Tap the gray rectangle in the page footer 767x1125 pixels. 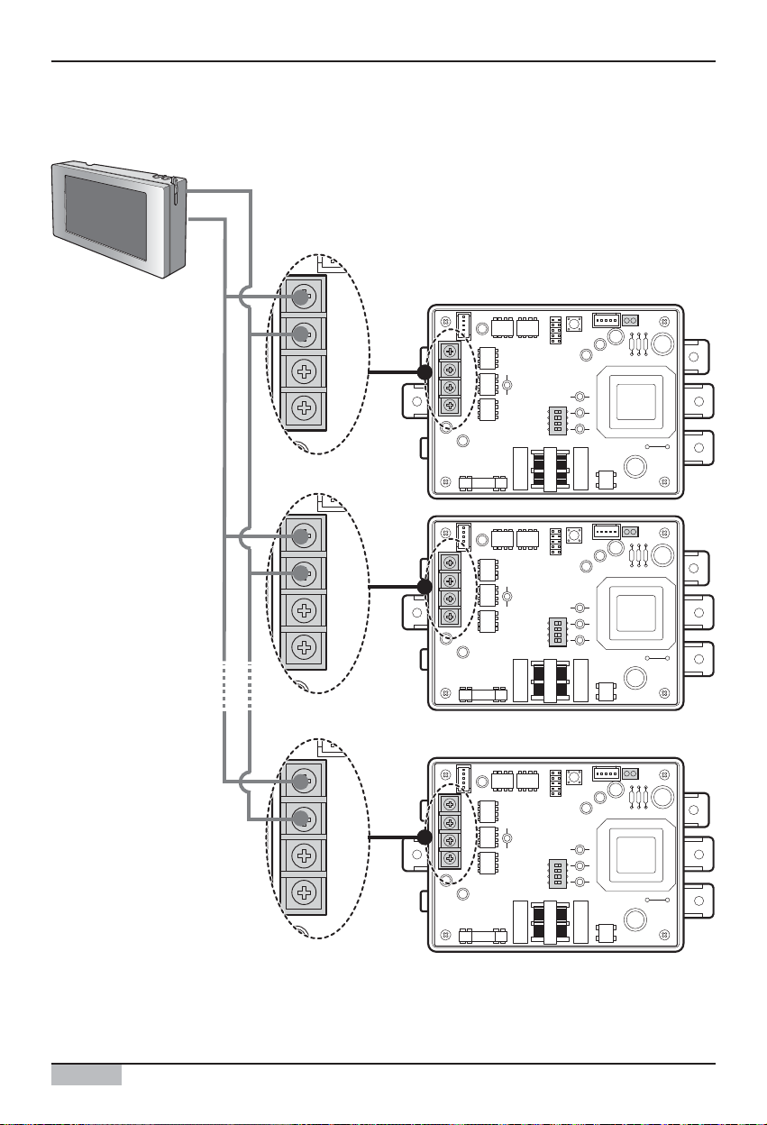(x=87, y=1075)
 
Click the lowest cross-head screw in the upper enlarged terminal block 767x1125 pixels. (x=305, y=411)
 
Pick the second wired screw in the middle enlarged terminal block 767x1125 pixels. (x=305, y=572)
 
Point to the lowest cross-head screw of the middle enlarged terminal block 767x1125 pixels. (x=305, y=647)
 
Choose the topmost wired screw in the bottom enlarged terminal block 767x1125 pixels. (x=305, y=779)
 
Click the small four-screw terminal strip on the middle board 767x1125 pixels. (x=449, y=590)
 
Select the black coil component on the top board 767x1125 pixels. (x=546, y=470)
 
